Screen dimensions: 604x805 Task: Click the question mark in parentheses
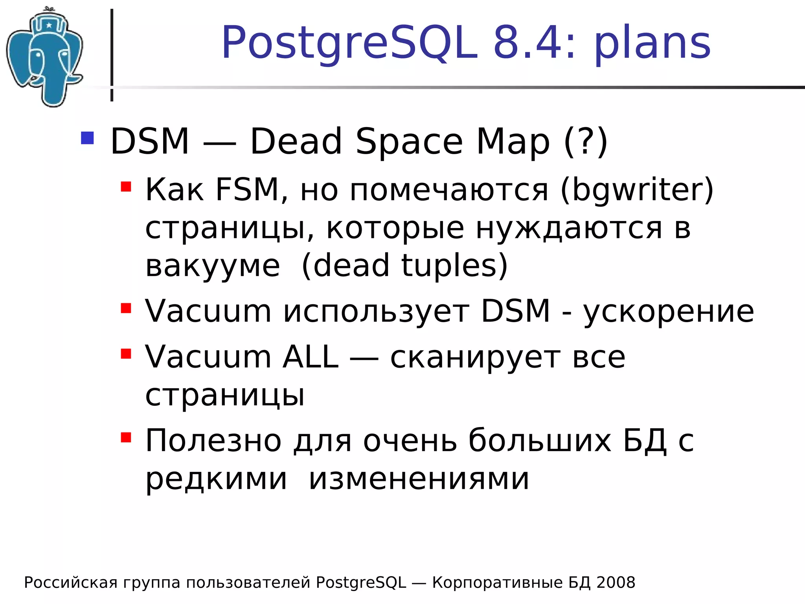point(586,142)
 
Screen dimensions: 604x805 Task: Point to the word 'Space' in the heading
point(409,142)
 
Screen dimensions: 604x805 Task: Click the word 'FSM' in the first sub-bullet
point(248,190)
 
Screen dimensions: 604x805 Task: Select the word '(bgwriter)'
point(637,190)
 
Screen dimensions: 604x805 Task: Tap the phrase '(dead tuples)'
point(405,266)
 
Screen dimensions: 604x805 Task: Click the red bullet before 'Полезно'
point(126,437)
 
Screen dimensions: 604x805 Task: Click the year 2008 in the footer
point(616,583)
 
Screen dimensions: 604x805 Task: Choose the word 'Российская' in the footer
point(71,583)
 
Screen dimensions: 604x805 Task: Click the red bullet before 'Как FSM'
point(126,186)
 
